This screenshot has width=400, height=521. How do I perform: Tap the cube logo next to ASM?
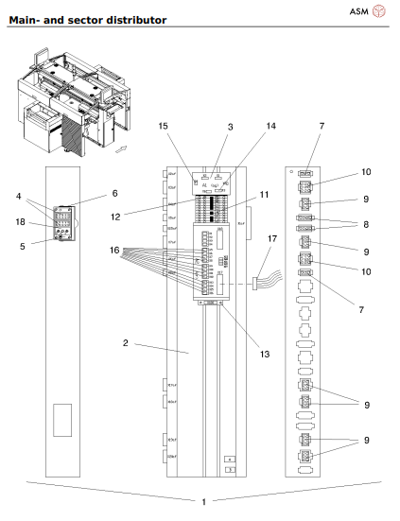[x=379, y=11]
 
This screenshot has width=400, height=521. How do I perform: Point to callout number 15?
[x=164, y=126]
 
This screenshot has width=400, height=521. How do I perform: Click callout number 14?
[x=270, y=126]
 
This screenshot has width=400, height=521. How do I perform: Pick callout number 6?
[x=115, y=193]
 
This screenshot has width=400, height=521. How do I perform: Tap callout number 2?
[x=126, y=344]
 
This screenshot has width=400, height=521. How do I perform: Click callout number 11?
[x=266, y=194]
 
